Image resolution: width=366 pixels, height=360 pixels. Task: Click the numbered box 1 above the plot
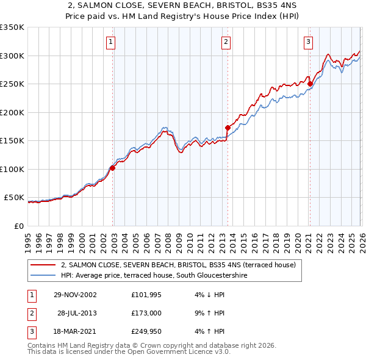(110, 42)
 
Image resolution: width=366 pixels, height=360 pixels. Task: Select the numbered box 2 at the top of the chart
(226, 42)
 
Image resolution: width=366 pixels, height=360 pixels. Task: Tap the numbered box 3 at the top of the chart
(308, 42)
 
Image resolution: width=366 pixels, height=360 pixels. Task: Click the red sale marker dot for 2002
(113, 168)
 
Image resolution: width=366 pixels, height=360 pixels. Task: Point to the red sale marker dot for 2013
(228, 128)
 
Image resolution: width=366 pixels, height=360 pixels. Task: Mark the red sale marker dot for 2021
(310, 84)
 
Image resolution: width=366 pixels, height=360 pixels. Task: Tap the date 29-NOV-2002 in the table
(75, 295)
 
